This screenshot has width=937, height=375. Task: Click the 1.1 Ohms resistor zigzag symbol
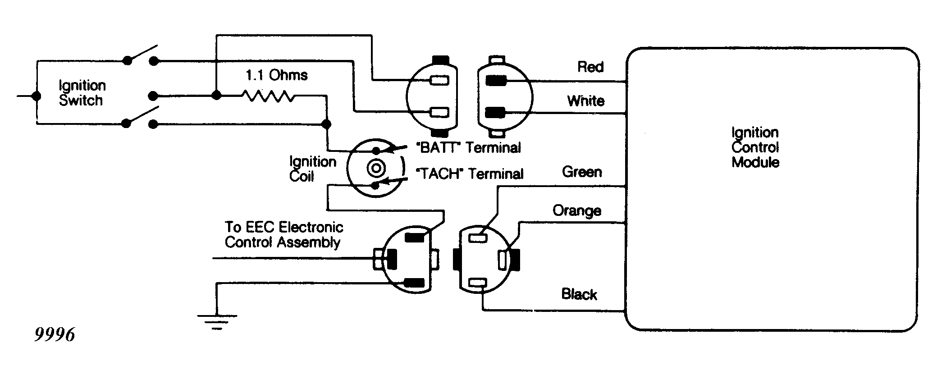click(x=268, y=96)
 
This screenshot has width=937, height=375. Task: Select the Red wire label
click(x=590, y=67)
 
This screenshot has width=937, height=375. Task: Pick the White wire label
click(x=586, y=101)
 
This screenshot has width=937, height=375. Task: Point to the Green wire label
click(x=582, y=172)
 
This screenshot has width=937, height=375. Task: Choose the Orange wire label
click(x=577, y=211)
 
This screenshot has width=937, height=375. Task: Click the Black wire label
click(x=579, y=294)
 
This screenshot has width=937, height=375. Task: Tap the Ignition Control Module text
click(x=755, y=147)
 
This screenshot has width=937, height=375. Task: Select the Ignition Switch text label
click(x=82, y=93)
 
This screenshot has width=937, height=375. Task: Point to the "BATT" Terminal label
click(x=469, y=147)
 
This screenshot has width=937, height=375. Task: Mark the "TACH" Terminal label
click(x=469, y=174)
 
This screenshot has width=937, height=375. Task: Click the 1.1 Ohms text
click(x=277, y=75)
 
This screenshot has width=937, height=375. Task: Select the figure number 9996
click(x=55, y=335)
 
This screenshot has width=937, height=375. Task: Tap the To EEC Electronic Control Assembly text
click(x=284, y=234)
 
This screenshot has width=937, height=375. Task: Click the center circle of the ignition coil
click(x=376, y=169)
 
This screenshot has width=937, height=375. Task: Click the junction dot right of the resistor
click(x=327, y=124)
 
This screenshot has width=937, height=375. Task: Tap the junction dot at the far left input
click(x=37, y=96)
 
